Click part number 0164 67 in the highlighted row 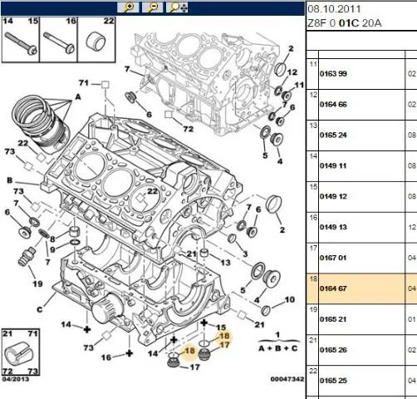pos(333,288)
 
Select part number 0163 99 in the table pos(333,74)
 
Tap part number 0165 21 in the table pos(333,319)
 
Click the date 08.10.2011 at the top pos(334,9)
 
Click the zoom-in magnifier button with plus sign pos(128,7)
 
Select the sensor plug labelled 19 pos(26,257)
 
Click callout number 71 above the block pos(84,83)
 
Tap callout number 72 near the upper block pos(188,129)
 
